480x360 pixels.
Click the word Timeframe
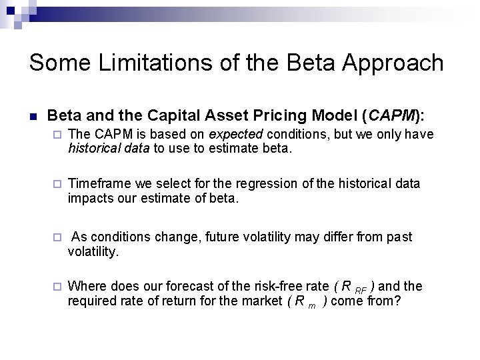click(x=99, y=183)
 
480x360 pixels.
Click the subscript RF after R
click(x=360, y=290)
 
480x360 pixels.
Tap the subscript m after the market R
click(x=311, y=305)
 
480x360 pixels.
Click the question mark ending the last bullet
click(x=397, y=301)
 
